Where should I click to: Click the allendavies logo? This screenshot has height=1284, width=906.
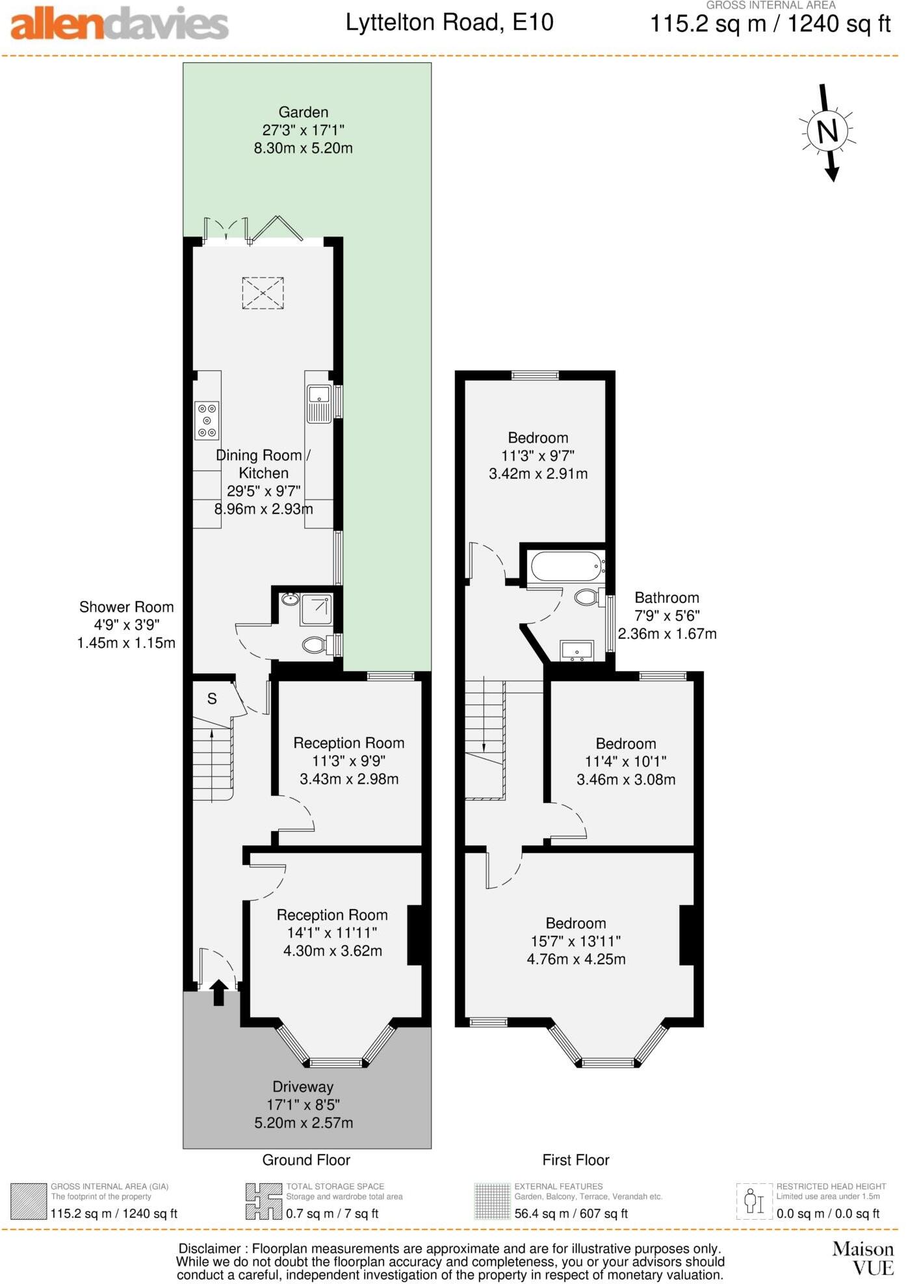click(120, 24)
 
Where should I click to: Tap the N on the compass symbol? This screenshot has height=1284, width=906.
click(827, 131)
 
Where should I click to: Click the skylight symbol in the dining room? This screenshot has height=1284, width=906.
click(263, 293)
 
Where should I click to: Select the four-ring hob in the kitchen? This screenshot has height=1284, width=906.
click(207, 420)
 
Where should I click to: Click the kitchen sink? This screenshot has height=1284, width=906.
click(319, 403)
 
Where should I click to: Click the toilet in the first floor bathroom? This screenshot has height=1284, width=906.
click(587, 597)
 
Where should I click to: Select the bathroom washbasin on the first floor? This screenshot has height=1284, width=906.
click(576, 650)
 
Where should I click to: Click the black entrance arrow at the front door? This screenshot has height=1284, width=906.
click(218, 992)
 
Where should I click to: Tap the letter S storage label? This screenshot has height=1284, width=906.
click(212, 699)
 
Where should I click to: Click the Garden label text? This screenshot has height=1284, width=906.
click(304, 112)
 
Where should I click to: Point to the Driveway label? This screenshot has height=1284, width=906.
click(303, 1086)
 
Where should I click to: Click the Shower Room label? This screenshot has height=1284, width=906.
click(127, 607)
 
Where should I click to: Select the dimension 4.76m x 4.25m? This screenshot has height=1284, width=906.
click(576, 959)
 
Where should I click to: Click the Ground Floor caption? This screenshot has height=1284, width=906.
click(306, 1160)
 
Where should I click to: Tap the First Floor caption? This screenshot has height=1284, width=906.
click(576, 1160)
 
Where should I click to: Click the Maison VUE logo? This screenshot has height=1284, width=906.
click(863, 1258)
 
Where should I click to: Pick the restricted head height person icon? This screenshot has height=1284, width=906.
click(754, 1201)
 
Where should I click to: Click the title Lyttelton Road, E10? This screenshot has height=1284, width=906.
click(449, 23)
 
